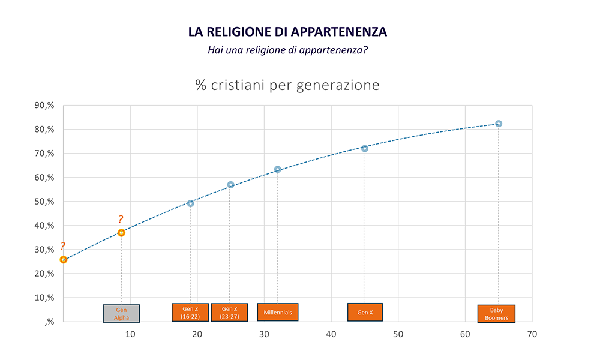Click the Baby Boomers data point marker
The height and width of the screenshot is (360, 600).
point(499,124)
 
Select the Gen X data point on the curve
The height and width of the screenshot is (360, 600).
point(364,148)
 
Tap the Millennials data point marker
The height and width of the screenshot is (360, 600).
point(277,169)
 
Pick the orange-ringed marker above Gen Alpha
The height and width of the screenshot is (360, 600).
point(121,232)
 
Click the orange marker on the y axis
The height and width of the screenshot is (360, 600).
point(64,260)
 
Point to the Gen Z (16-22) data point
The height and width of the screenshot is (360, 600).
point(190,203)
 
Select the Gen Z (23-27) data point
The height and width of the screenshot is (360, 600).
point(230,185)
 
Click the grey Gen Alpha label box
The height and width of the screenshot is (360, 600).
point(121,313)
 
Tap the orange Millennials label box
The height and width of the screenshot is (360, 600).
point(278,312)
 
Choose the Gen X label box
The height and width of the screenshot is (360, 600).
point(365,312)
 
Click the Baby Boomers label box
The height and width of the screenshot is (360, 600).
point(496,314)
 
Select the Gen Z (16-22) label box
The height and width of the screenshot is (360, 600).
point(190,313)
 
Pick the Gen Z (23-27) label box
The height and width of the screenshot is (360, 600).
point(229,313)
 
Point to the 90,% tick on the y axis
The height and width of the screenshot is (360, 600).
point(45,106)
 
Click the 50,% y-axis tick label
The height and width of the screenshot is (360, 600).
point(45,202)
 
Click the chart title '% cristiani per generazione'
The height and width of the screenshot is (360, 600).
point(287,85)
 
